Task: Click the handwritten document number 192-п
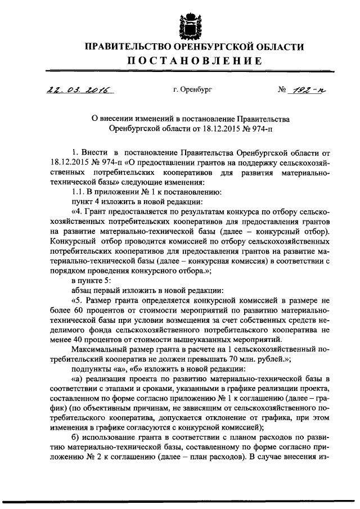click(x=299, y=89)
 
